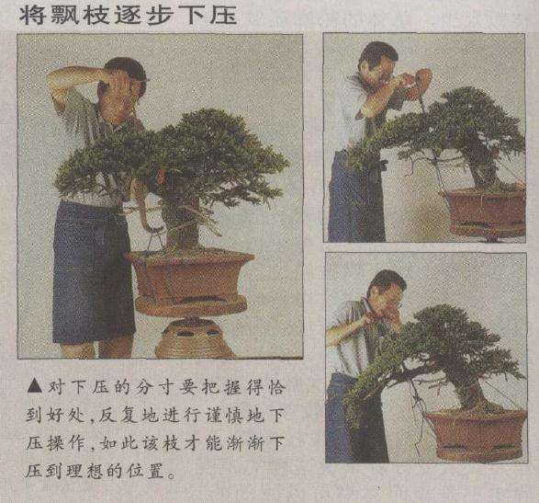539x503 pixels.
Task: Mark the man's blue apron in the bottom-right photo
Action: tap(344, 423)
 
